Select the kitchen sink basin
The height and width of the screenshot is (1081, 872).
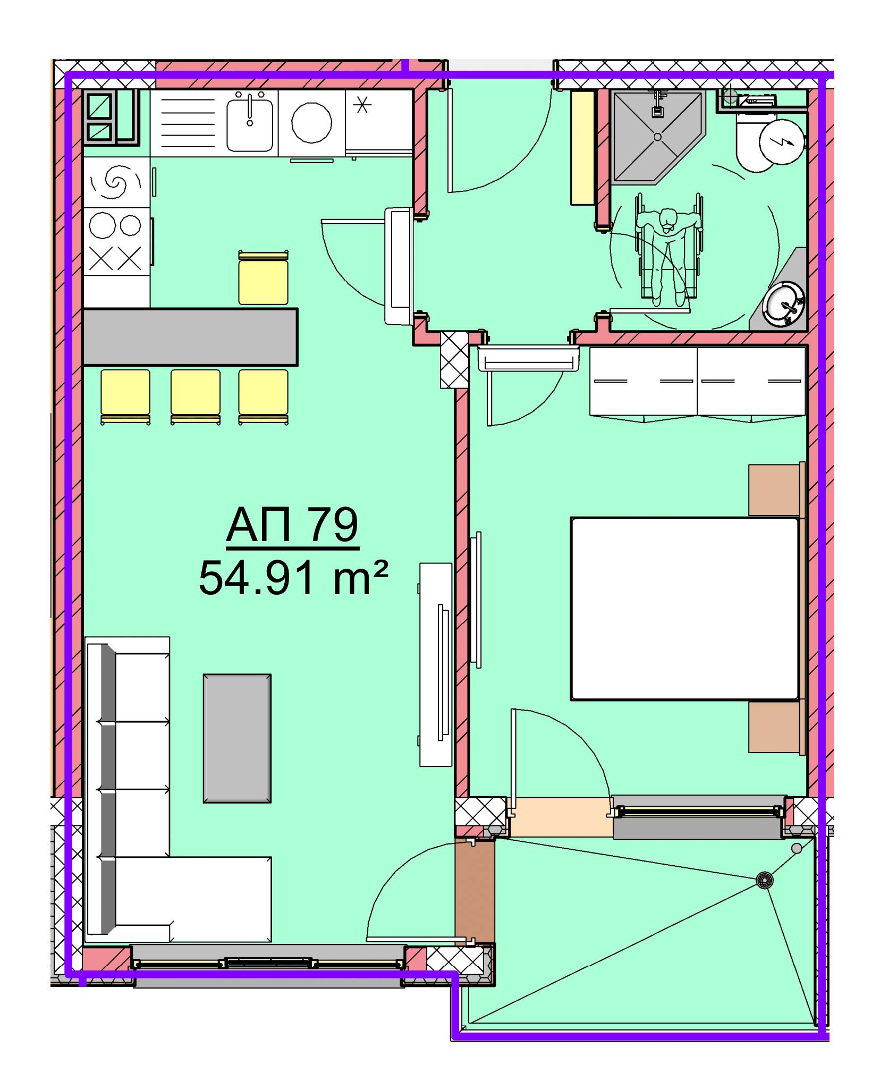point(250,124)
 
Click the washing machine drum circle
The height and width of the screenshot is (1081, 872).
point(312,123)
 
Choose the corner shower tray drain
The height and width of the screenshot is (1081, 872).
point(657,137)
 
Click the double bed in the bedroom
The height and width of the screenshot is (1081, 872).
point(684,609)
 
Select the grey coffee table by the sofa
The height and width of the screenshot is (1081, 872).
point(237,738)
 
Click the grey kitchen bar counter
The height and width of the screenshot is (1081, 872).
point(190,337)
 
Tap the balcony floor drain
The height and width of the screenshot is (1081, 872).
point(764,880)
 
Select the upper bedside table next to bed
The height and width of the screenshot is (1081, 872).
point(776,489)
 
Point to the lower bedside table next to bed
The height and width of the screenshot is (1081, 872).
point(776,727)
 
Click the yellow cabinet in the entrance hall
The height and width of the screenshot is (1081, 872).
point(582,148)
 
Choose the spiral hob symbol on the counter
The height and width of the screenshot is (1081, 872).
point(115,182)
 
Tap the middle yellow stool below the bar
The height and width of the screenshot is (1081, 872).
point(195,396)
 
